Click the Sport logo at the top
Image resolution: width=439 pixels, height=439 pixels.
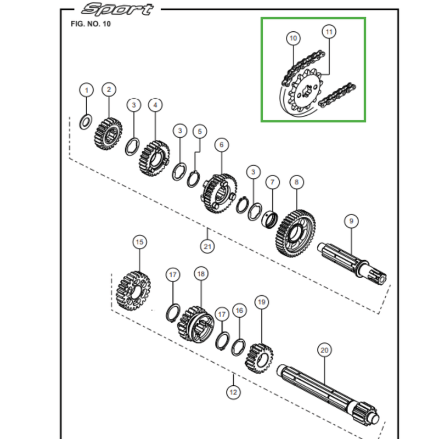tap(117, 10)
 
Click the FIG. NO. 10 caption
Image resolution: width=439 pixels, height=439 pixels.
tap(91, 24)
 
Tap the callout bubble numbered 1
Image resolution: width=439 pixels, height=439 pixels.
tap(86, 89)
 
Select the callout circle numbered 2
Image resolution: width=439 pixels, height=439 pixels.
tap(109, 89)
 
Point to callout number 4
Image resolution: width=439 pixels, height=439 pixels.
tap(155, 104)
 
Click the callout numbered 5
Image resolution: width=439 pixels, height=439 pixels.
tap(200, 132)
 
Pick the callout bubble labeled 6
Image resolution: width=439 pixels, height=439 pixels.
tap(222, 145)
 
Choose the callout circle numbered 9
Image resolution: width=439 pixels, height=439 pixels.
tap(351, 221)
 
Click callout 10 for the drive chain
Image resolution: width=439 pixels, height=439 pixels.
tap(294, 38)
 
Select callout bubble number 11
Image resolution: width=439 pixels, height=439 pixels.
tap(329, 32)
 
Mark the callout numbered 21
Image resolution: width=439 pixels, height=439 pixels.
tap(207, 246)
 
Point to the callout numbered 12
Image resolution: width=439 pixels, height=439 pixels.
tap(233, 392)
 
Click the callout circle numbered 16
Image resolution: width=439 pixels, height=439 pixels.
tap(239, 311)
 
